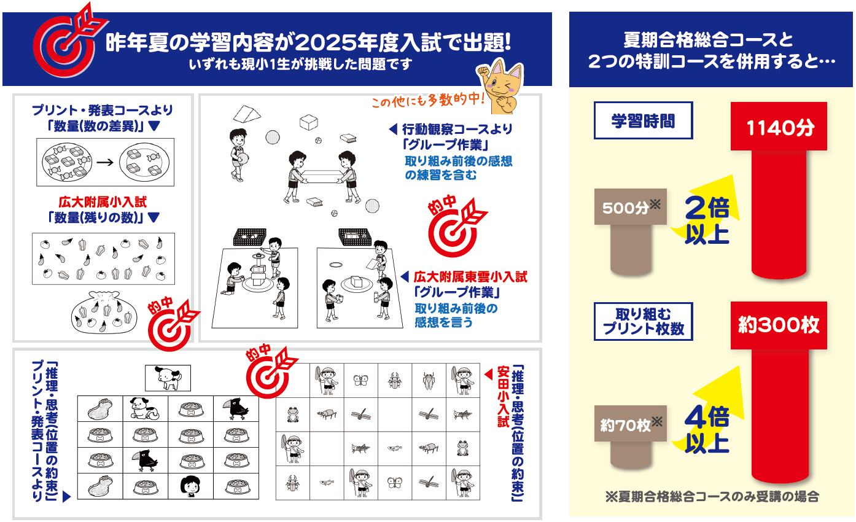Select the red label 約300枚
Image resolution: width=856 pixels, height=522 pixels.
(779, 325)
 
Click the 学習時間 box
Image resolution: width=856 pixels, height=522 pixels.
(643, 120)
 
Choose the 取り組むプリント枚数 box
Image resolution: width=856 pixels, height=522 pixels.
(643, 321)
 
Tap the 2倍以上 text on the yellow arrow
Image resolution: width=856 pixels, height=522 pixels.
(707, 220)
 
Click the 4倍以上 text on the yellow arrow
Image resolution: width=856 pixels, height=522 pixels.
(707, 429)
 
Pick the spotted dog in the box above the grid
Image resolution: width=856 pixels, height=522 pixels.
(168, 378)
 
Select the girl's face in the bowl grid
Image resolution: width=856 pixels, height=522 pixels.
(190, 486)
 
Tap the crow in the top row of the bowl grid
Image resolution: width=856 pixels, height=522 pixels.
(236, 408)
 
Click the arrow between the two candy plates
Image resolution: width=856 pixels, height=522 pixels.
(105, 162)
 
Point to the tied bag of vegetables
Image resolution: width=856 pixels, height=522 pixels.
(104, 313)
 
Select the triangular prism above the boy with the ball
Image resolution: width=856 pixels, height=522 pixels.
(247, 114)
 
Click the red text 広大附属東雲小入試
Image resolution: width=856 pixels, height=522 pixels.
(470, 277)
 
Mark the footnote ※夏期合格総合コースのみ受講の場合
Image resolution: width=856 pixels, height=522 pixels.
(712, 496)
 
